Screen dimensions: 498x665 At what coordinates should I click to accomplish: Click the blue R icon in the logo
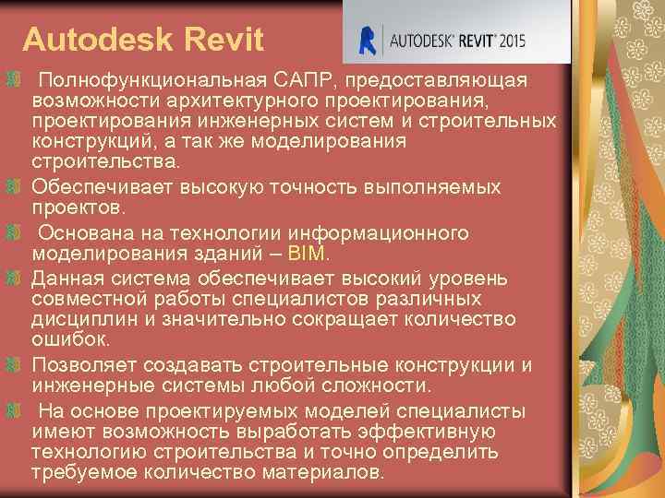[369, 41]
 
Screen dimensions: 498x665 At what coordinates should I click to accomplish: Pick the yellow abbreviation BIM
[306, 254]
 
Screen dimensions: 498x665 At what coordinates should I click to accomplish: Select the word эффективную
[423, 431]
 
